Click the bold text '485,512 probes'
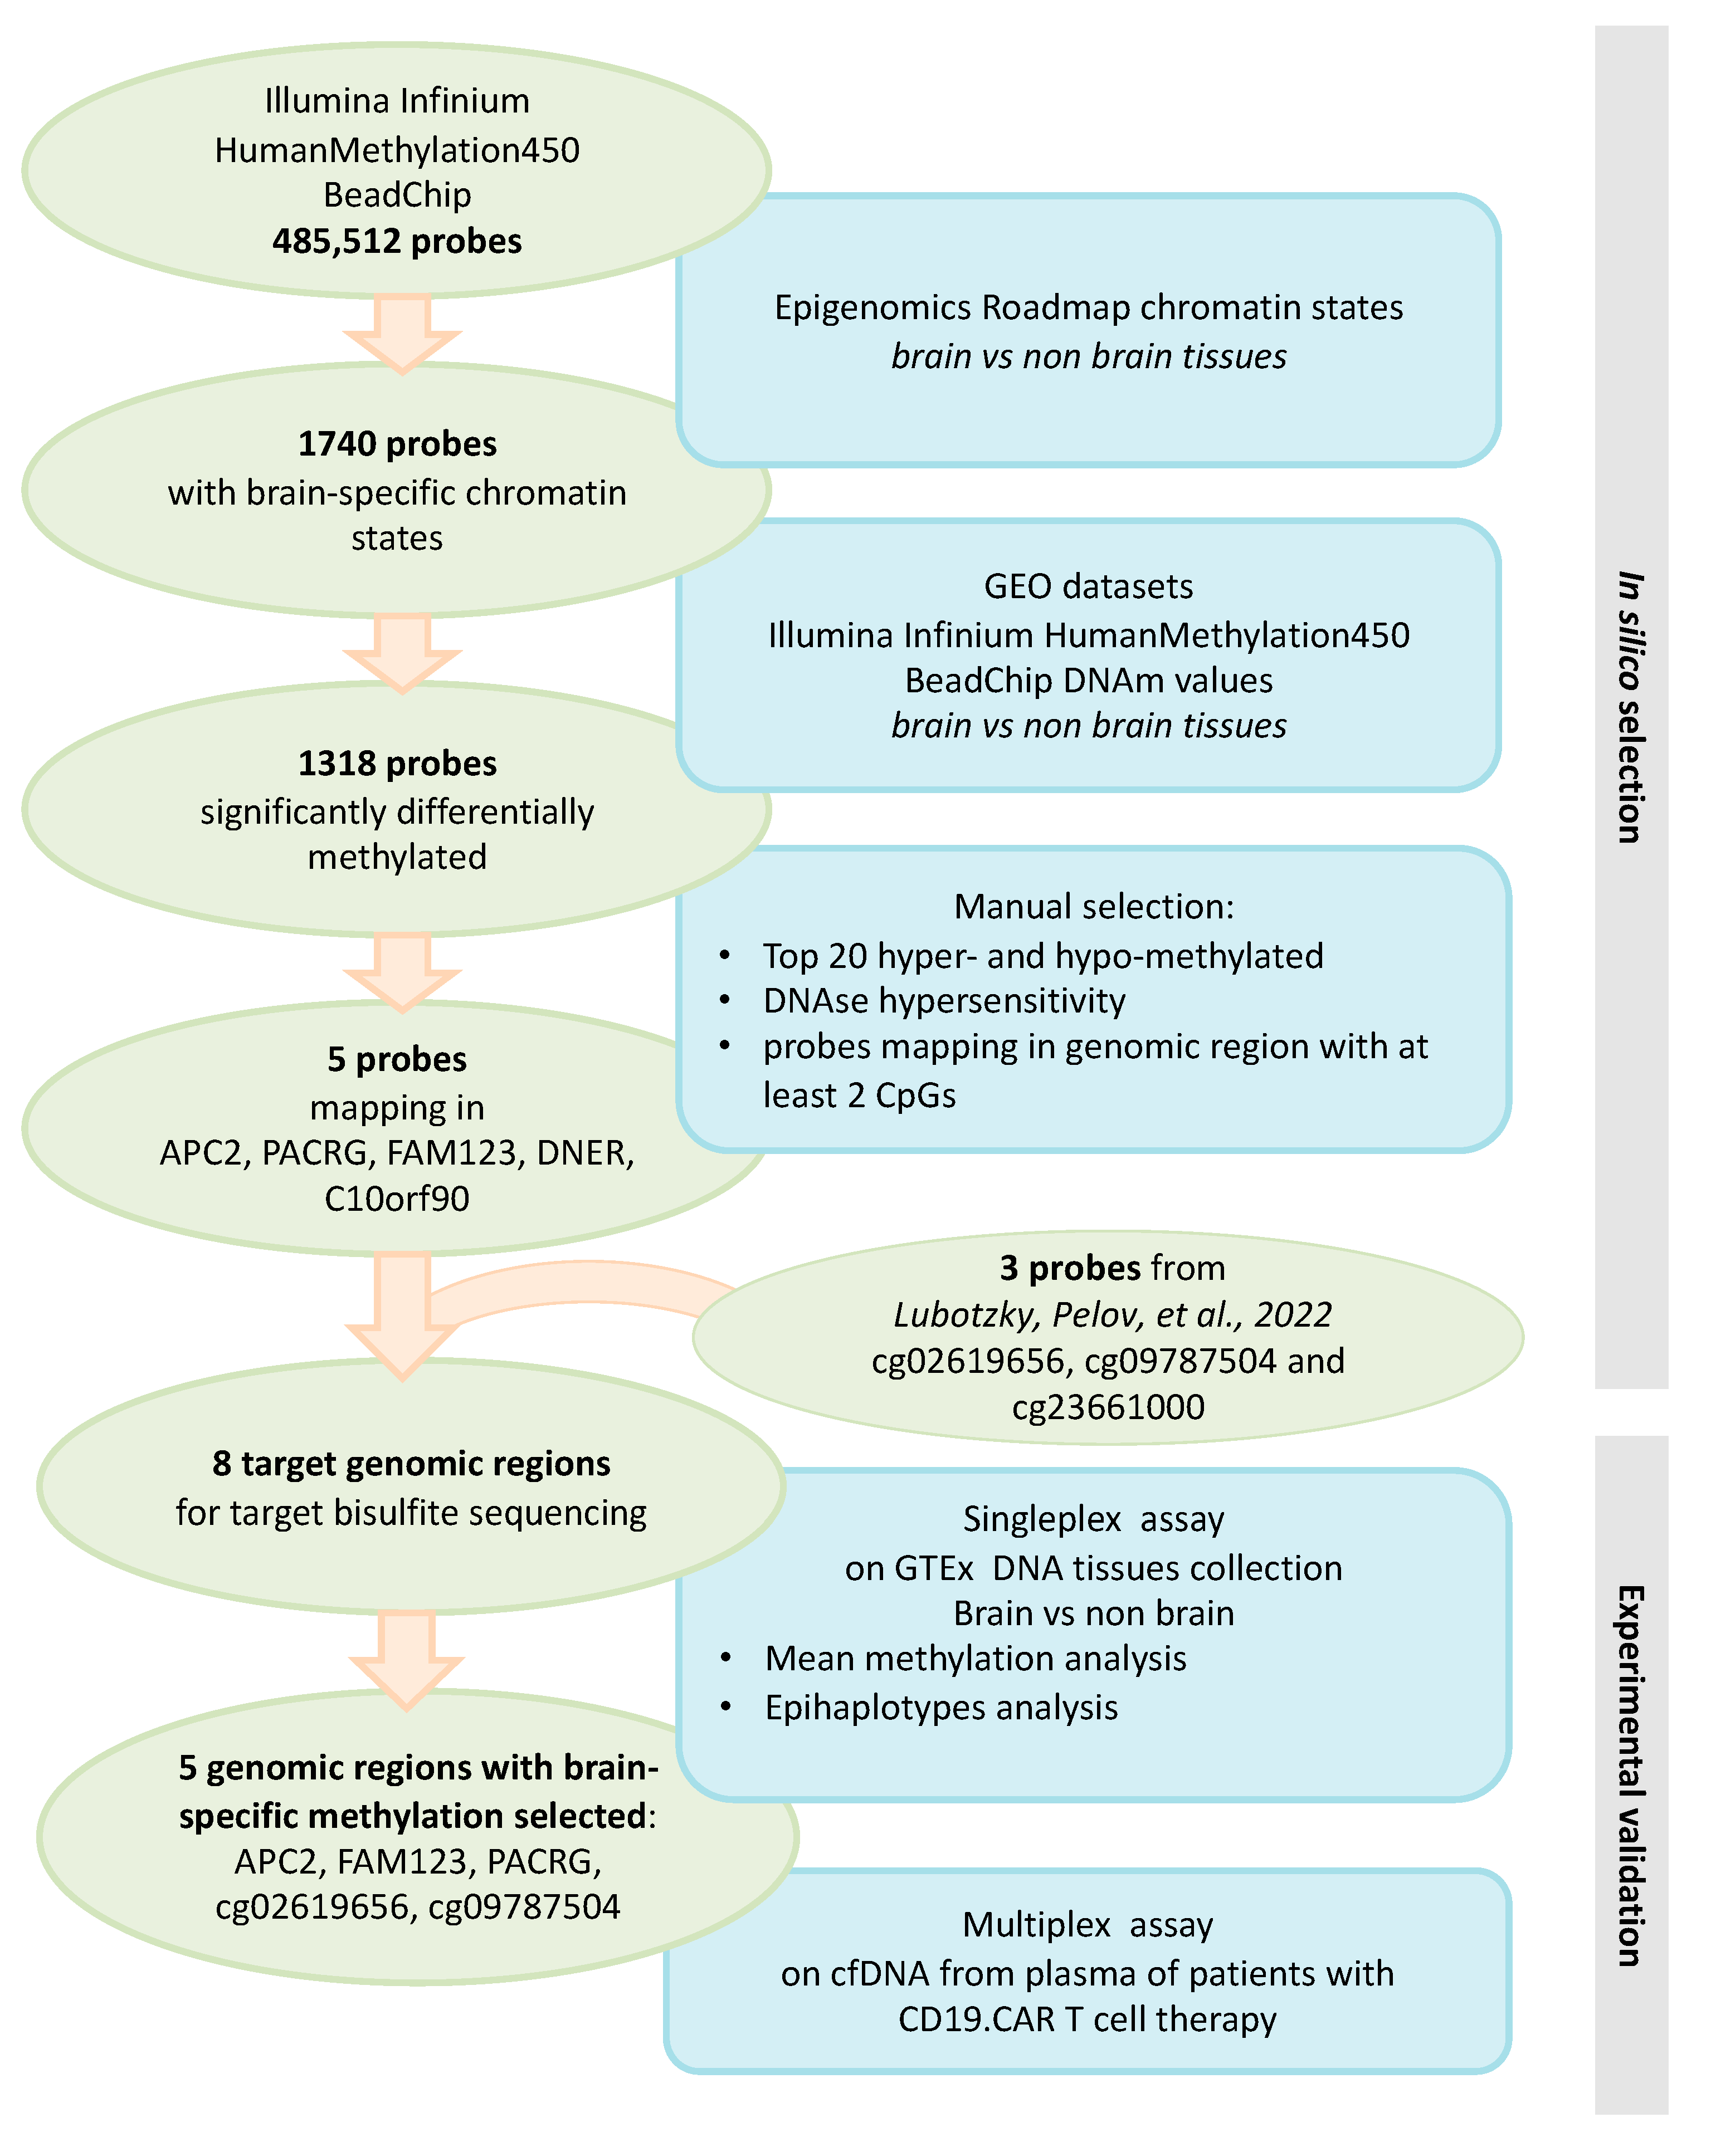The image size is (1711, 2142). [x=397, y=241]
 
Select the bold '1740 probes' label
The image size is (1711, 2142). [x=397, y=444]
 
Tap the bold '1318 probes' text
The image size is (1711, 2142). [x=397, y=763]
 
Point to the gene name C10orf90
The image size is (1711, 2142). [x=397, y=1198]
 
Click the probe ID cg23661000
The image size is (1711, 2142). [x=1108, y=1407]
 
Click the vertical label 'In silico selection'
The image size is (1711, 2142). [x=1630, y=707]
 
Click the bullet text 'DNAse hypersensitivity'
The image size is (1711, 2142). [x=944, y=1000]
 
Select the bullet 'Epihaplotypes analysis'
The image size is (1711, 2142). [x=941, y=1707]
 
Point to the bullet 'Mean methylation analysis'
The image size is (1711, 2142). [x=975, y=1658]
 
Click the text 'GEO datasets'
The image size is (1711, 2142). [x=1088, y=586]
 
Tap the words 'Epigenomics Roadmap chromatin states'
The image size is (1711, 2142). [x=1088, y=308]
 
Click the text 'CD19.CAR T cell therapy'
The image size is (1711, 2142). [x=1087, y=2019]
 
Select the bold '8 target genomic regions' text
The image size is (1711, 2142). [x=411, y=1464]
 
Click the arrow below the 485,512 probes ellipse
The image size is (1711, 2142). [x=402, y=334]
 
